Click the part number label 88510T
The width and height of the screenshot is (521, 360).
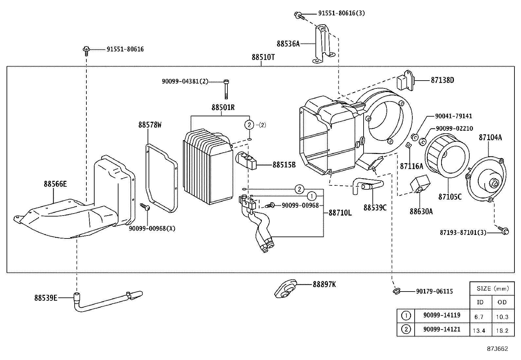tap(263, 57)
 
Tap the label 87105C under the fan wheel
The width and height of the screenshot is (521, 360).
tap(450, 197)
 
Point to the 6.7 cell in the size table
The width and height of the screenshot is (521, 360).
tap(479, 316)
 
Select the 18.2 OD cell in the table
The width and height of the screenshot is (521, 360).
tap(502, 330)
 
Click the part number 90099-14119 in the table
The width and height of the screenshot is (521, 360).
tap(441, 315)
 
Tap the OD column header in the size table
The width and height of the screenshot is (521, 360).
tap(502, 302)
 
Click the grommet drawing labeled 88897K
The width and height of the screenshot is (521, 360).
tap(285, 289)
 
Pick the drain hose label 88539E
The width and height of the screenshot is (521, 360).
tap(46, 297)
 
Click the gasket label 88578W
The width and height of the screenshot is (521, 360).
tap(150, 125)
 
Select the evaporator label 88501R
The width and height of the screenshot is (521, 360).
tap(223, 107)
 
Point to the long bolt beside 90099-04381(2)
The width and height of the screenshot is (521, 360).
tap(226, 89)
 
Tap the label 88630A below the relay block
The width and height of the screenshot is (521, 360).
tap(421, 211)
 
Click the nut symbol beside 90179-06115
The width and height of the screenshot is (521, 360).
tap(396, 291)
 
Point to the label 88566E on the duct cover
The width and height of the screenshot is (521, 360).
tap(55, 184)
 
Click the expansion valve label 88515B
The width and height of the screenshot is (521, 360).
tap(284, 165)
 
